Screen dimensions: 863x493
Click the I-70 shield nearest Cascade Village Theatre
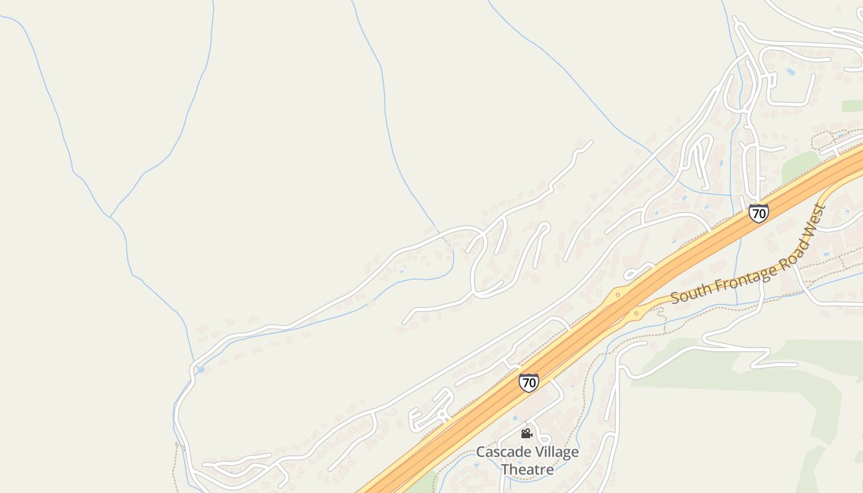(528, 382)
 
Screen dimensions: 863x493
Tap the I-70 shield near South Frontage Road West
(759, 213)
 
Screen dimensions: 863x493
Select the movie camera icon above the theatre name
(526, 434)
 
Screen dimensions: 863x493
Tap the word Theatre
(527, 469)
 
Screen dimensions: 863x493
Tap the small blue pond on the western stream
(200, 369)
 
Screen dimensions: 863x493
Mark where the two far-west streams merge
(110, 217)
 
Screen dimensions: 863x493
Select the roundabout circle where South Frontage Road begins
(637, 314)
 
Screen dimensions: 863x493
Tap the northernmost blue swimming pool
(790, 72)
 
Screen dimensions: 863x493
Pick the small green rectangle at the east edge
(852, 106)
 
